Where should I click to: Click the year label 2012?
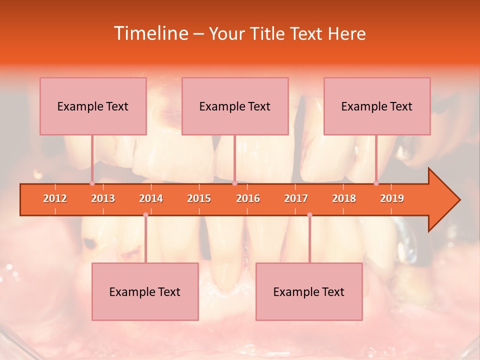pos(55,198)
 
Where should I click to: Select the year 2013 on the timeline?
pos(103,198)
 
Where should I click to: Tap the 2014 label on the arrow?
pos(151,198)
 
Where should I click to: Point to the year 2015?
pos(199,198)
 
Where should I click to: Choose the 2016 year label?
pos(248,198)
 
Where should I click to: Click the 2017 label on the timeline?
pos(296,198)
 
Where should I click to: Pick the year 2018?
pos(344,198)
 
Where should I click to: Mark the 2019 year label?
pos(392,198)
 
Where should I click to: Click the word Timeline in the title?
pos(149,33)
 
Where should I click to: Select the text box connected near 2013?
pos(93,106)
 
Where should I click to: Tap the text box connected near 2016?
pos(235,106)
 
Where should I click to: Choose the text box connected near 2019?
pos(377,106)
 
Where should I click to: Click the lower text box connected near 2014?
pos(145,291)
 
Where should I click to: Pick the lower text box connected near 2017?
pos(309,291)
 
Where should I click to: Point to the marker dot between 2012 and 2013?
pos(92,183)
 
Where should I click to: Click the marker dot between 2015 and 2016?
pos(234,183)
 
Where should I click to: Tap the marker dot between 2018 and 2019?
pos(376,183)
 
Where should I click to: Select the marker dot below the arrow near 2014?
pos(145,215)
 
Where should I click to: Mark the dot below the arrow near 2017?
pos(309,215)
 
